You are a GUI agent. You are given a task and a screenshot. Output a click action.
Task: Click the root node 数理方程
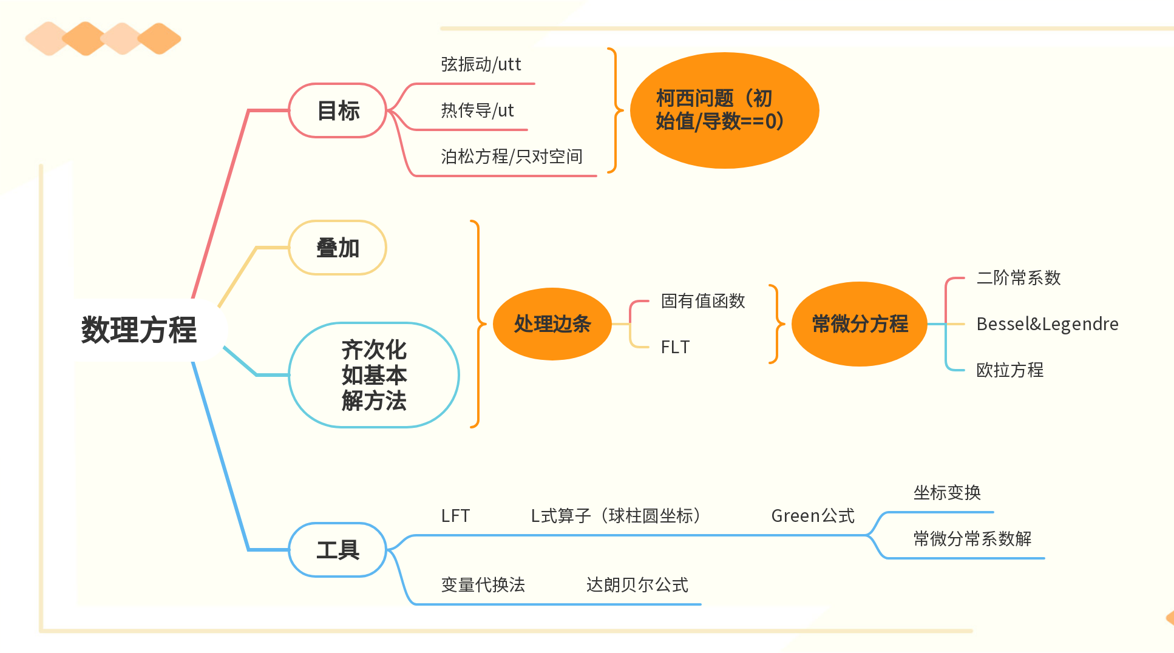point(139,330)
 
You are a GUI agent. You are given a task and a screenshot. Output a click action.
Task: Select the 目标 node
point(338,111)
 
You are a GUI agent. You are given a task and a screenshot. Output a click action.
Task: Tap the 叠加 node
point(338,248)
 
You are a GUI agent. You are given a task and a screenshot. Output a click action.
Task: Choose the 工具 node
point(338,550)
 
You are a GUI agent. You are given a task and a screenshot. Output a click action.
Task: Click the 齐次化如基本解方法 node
point(374,375)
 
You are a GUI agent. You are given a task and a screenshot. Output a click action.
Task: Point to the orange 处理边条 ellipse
point(552,324)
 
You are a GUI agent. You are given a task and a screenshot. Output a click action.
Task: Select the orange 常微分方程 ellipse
point(860,324)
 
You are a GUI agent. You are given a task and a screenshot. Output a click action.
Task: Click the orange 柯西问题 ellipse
point(724,110)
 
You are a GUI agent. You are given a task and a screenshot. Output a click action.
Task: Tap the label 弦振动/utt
point(481,64)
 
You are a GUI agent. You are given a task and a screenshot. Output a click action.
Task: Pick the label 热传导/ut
point(477,110)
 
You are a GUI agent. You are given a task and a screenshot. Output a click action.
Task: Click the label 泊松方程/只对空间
point(511,157)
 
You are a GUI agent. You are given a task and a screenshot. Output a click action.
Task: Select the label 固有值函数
point(703,301)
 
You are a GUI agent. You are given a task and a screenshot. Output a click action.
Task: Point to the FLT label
point(675,347)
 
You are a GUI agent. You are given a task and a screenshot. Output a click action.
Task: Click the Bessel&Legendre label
point(1047,324)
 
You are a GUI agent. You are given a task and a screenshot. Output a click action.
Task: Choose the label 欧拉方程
point(1009,370)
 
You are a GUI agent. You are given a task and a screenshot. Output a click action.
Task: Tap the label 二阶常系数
point(1018,278)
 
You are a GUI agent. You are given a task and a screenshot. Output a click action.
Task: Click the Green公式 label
point(813,516)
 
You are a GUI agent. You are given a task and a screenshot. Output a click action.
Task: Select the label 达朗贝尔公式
point(637,585)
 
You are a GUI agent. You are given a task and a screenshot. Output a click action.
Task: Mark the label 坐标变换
point(947,493)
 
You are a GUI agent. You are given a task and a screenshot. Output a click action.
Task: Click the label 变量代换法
point(483,585)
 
